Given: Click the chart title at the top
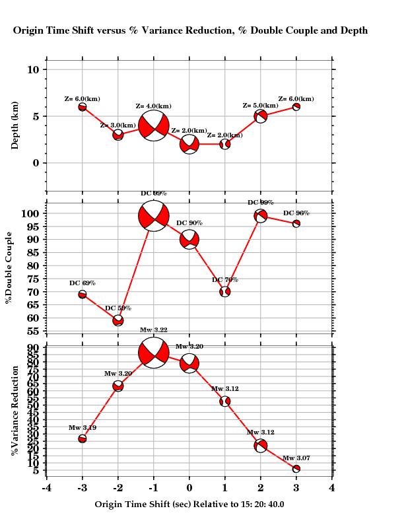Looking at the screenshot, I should [x=190, y=30].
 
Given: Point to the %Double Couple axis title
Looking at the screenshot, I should [x=9, y=267].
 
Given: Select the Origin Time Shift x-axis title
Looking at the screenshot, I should [x=189, y=504].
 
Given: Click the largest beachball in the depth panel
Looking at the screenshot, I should [x=154, y=125].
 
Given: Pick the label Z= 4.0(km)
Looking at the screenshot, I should [x=154, y=106].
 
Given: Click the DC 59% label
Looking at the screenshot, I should [x=118, y=308].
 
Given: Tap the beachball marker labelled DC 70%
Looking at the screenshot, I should [x=225, y=291].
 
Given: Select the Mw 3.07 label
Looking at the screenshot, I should [x=296, y=458].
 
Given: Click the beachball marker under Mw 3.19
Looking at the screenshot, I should [x=83, y=438].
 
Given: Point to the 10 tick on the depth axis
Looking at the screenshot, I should [x=33, y=70].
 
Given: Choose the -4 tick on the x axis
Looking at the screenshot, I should [x=46, y=488].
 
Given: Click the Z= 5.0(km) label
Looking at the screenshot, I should [x=261, y=106].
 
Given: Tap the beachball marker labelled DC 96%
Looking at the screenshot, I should [x=296, y=223].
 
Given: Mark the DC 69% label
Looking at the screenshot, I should [x=83, y=283].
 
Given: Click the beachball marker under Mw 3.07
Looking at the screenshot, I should [x=296, y=469].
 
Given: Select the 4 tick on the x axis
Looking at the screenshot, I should [x=332, y=488].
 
